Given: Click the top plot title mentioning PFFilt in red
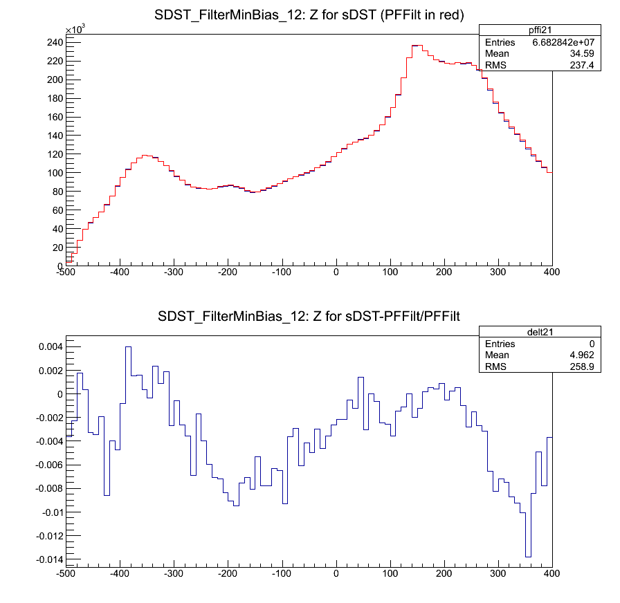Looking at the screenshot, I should pos(309,16).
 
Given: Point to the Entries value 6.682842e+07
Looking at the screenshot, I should pos(563,43).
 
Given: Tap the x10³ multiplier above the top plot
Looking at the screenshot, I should pos(75,30).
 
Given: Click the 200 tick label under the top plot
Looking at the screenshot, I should pos(444,272).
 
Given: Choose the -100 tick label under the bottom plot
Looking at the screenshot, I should pos(282,574).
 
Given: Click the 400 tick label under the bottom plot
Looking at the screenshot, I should pos(551,574).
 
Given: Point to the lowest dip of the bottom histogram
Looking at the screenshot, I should pos(528,556).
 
